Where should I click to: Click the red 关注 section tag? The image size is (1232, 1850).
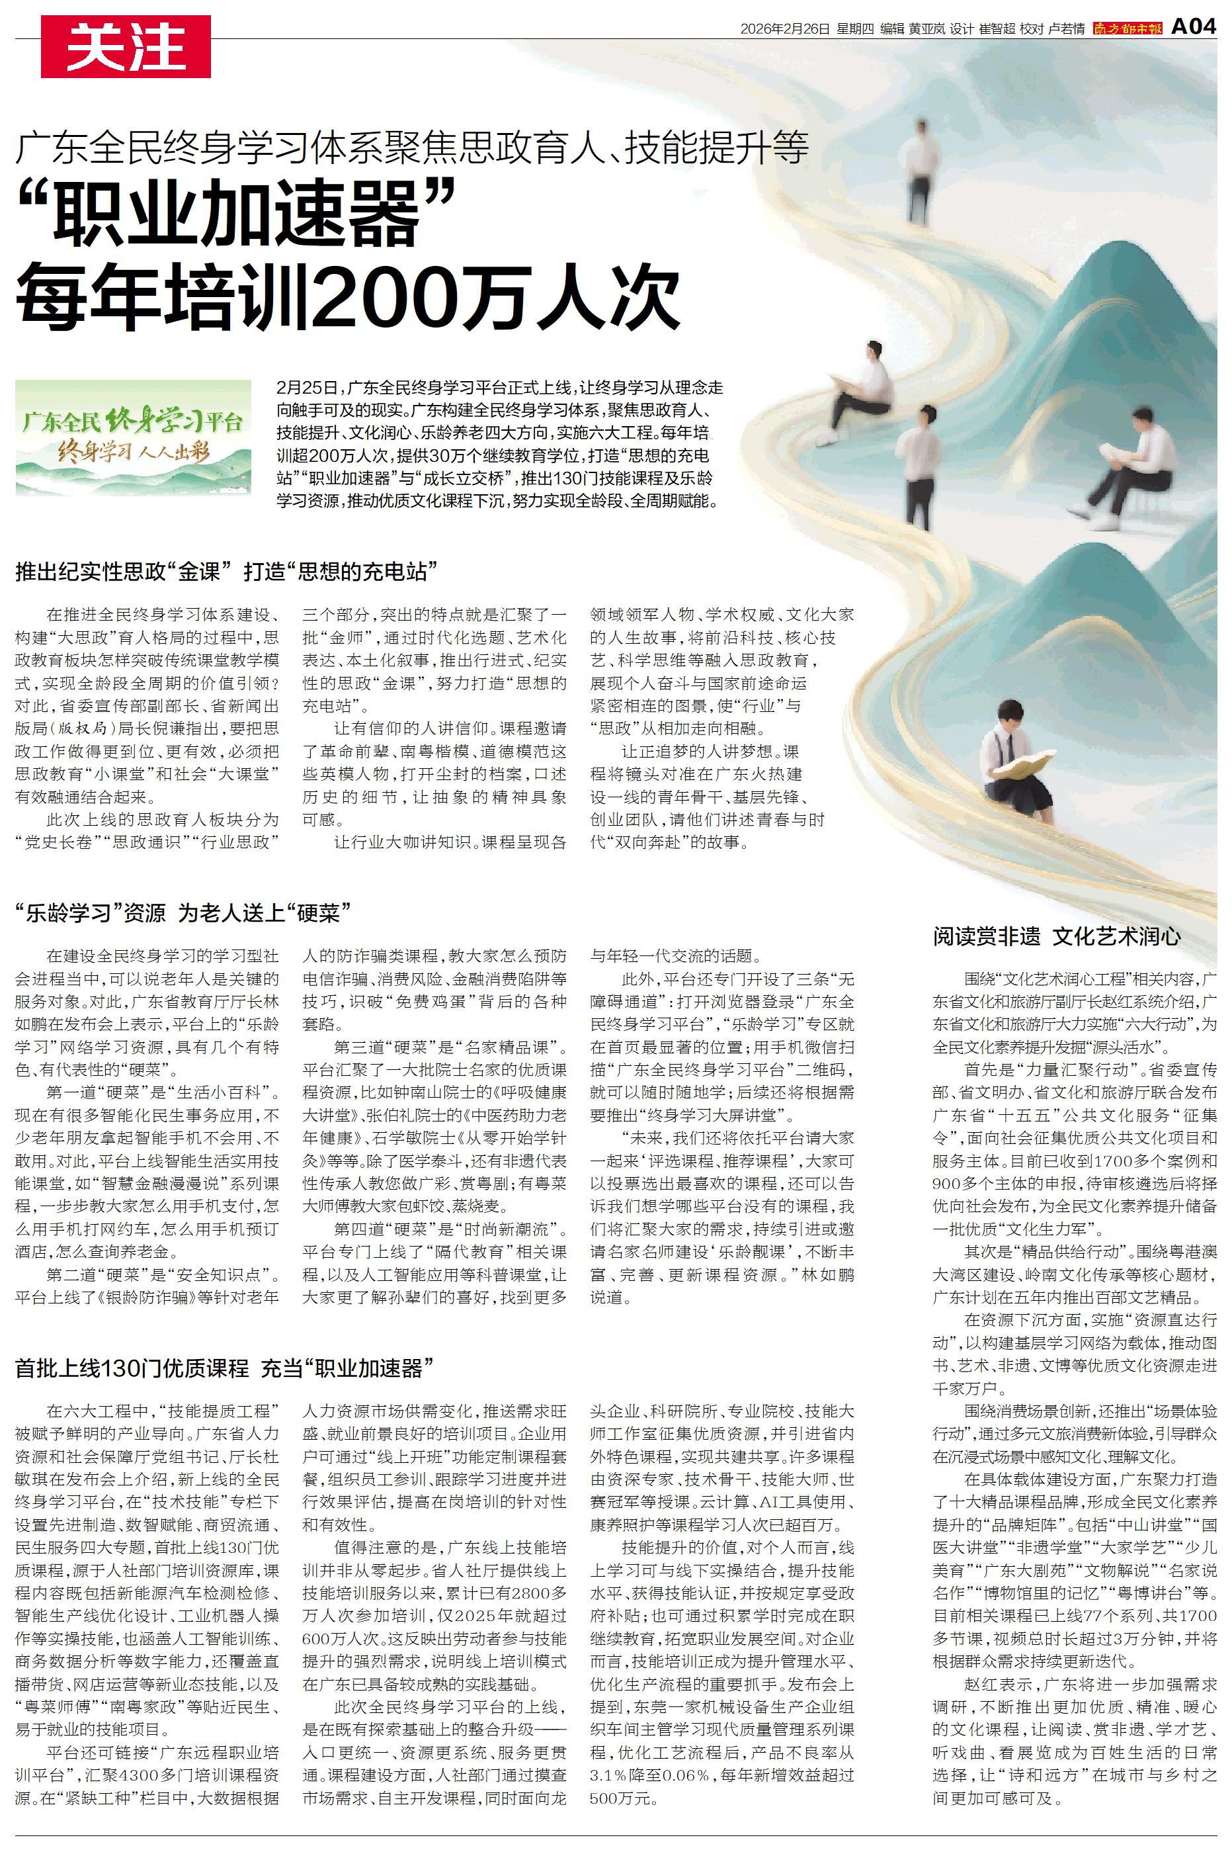(x=126, y=46)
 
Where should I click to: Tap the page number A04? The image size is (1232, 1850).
(x=1194, y=28)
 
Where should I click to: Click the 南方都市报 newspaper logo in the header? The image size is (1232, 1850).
(x=1126, y=29)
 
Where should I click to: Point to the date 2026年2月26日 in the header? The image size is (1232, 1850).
(x=785, y=29)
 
